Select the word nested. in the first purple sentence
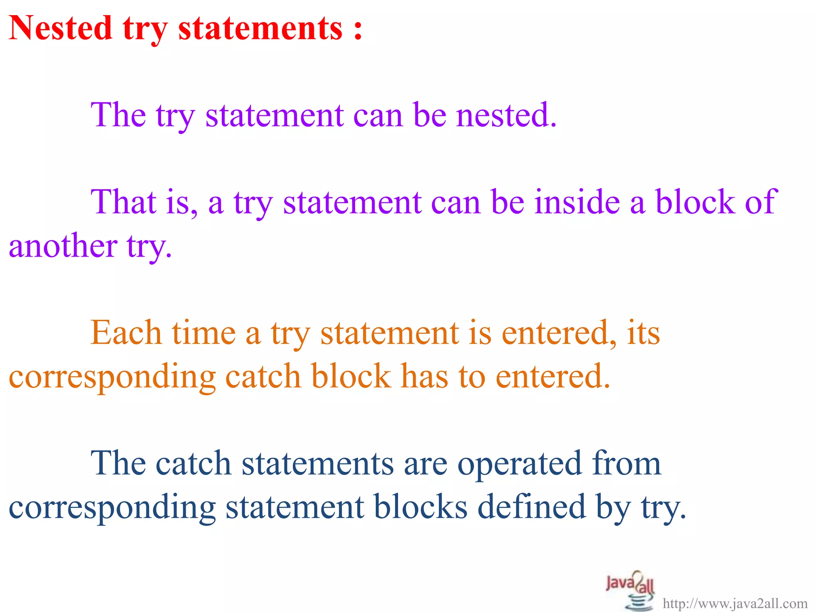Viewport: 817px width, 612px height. pyautogui.click(x=506, y=115)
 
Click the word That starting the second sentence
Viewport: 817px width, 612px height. pyautogui.click(x=123, y=202)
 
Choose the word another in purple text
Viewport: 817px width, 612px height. pyautogui.click(x=63, y=246)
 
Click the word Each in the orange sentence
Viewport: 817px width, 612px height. pyautogui.click(x=126, y=333)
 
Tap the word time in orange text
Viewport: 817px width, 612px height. pyautogui.click(x=204, y=333)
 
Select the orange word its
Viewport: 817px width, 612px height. pyautogui.click(x=643, y=333)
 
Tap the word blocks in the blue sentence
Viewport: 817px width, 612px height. pyautogui.click(x=420, y=507)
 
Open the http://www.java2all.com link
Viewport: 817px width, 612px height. pyautogui.click(x=735, y=604)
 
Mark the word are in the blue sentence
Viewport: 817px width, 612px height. pyautogui.click(x=425, y=463)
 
